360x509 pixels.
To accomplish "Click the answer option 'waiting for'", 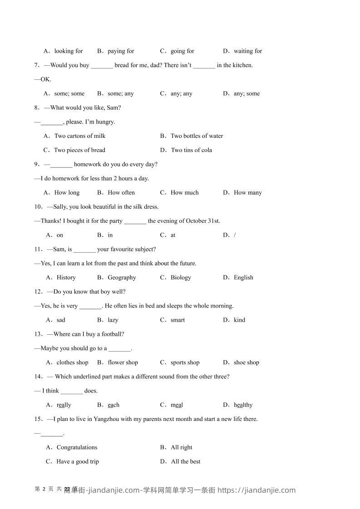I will [x=248, y=51].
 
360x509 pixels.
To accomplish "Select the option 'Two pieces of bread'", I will [x=79, y=150].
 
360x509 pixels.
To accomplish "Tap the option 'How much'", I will [x=184, y=193].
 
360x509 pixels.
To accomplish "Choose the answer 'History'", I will [x=66, y=278].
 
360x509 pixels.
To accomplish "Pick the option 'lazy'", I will [x=113, y=320].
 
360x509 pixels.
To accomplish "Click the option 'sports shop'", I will [x=185, y=362].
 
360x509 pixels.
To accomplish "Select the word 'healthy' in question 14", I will [x=243, y=405].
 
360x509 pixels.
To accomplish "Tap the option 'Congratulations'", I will [x=77, y=447].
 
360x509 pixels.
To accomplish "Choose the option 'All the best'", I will [x=186, y=462].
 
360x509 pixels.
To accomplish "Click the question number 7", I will [x=36, y=65].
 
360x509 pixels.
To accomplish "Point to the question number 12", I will [x=38, y=292].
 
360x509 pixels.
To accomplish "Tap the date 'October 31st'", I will [x=202, y=221].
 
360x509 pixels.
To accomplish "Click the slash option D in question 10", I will [x=234, y=235].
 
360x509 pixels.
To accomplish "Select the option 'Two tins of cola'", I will [x=191, y=150].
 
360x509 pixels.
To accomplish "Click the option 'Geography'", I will [x=122, y=278].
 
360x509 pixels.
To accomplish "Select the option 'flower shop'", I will [x=123, y=362].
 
